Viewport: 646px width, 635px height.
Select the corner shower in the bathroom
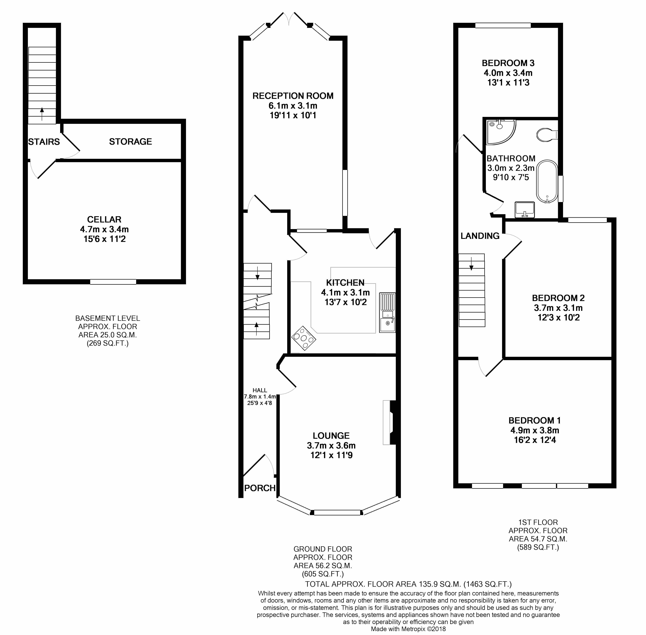501,132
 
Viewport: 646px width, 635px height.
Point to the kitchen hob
304,338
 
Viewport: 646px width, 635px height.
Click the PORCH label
260,488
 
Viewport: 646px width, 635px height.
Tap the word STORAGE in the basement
130,142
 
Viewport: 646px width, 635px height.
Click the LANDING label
480,236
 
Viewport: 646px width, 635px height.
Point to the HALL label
260,390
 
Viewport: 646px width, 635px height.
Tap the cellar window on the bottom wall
113,282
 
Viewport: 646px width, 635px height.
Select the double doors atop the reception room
290,19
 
